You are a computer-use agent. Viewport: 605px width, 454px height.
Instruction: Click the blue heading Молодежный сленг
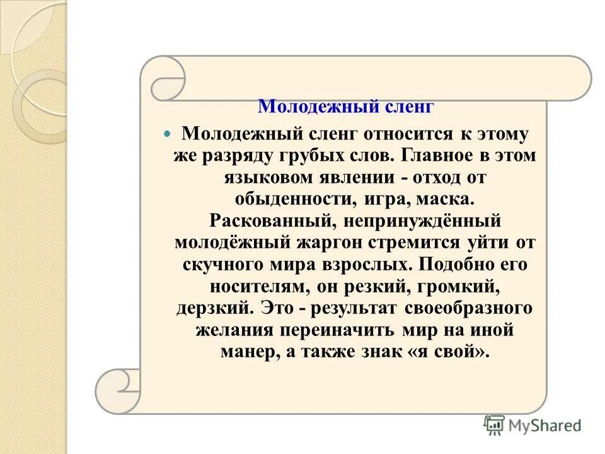click(x=355, y=106)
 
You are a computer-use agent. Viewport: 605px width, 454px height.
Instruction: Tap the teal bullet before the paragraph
click(x=167, y=134)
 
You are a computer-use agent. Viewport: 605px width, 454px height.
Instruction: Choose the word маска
click(x=444, y=199)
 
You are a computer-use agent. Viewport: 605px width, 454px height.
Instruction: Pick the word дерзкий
click(x=215, y=308)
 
